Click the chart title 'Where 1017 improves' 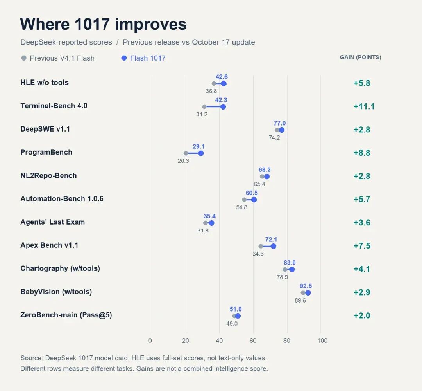tap(103, 24)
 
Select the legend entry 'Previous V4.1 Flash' tap(58, 58)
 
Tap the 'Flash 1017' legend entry tap(143, 58)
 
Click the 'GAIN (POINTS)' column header tap(360, 58)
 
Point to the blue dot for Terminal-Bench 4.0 tap(223, 107)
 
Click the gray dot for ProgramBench tap(186, 153)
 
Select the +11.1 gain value tap(364, 106)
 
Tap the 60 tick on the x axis tap(253, 341)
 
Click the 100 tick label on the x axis tap(322, 341)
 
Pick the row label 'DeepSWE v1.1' tap(45, 129)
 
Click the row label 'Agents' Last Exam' tap(53, 222)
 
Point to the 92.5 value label tap(306, 286)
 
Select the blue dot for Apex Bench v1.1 tap(273, 246)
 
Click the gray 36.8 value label tap(211, 91)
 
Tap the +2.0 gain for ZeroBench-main tap(362, 315)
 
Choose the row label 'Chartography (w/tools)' tap(60, 268)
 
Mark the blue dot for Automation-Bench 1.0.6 tap(254, 200)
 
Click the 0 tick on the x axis tap(150, 341)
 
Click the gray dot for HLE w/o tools tap(214, 84)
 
